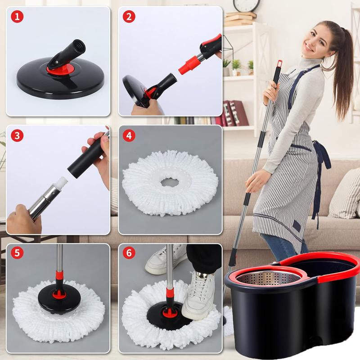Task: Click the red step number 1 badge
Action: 17,18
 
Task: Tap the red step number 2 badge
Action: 130,18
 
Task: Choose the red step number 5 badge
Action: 17,253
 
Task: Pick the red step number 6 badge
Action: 130,253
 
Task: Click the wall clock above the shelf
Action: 247,4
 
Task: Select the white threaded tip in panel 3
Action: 60,184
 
